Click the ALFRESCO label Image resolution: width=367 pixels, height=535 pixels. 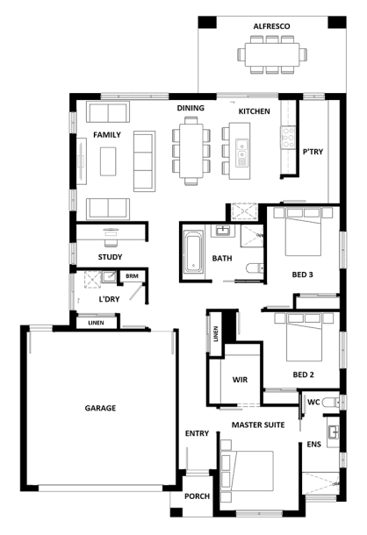(271, 26)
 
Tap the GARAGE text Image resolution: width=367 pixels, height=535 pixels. (100, 408)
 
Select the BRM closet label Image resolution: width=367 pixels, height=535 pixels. (132, 276)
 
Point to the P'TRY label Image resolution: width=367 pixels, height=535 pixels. (313, 152)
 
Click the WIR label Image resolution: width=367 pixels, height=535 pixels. (240, 380)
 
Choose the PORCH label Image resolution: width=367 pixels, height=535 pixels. (198, 496)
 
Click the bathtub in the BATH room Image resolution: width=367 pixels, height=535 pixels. (193, 252)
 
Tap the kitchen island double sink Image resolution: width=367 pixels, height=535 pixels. (242, 153)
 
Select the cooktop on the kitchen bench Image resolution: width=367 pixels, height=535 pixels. (288, 137)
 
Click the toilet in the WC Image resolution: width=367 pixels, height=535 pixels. (331, 403)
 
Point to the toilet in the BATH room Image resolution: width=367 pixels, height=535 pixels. (255, 268)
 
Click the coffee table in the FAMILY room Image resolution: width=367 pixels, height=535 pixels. (108, 161)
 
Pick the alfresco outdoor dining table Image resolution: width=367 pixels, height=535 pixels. (272, 54)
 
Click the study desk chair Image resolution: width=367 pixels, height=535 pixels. (111, 242)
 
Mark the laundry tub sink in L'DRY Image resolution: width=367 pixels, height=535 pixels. (109, 276)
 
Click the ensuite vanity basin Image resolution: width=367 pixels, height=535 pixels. (333, 432)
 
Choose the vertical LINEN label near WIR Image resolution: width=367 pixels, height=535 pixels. (216, 334)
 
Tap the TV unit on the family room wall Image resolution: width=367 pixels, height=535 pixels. (82, 161)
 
